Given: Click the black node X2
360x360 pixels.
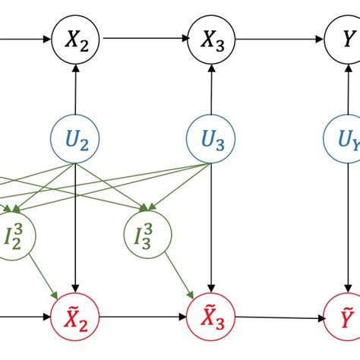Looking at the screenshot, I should click(74, 36).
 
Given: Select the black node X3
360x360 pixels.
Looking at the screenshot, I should click(211, 36).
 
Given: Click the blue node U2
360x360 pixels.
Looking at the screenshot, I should click(74, 139).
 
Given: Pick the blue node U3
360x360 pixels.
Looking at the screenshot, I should click(211, 139).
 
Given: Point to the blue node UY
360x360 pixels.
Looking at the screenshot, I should click(347, 139).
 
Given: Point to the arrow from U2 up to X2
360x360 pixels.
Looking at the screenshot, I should click(74, 87).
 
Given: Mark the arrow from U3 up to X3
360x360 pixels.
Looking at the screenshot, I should click(211, 87).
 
